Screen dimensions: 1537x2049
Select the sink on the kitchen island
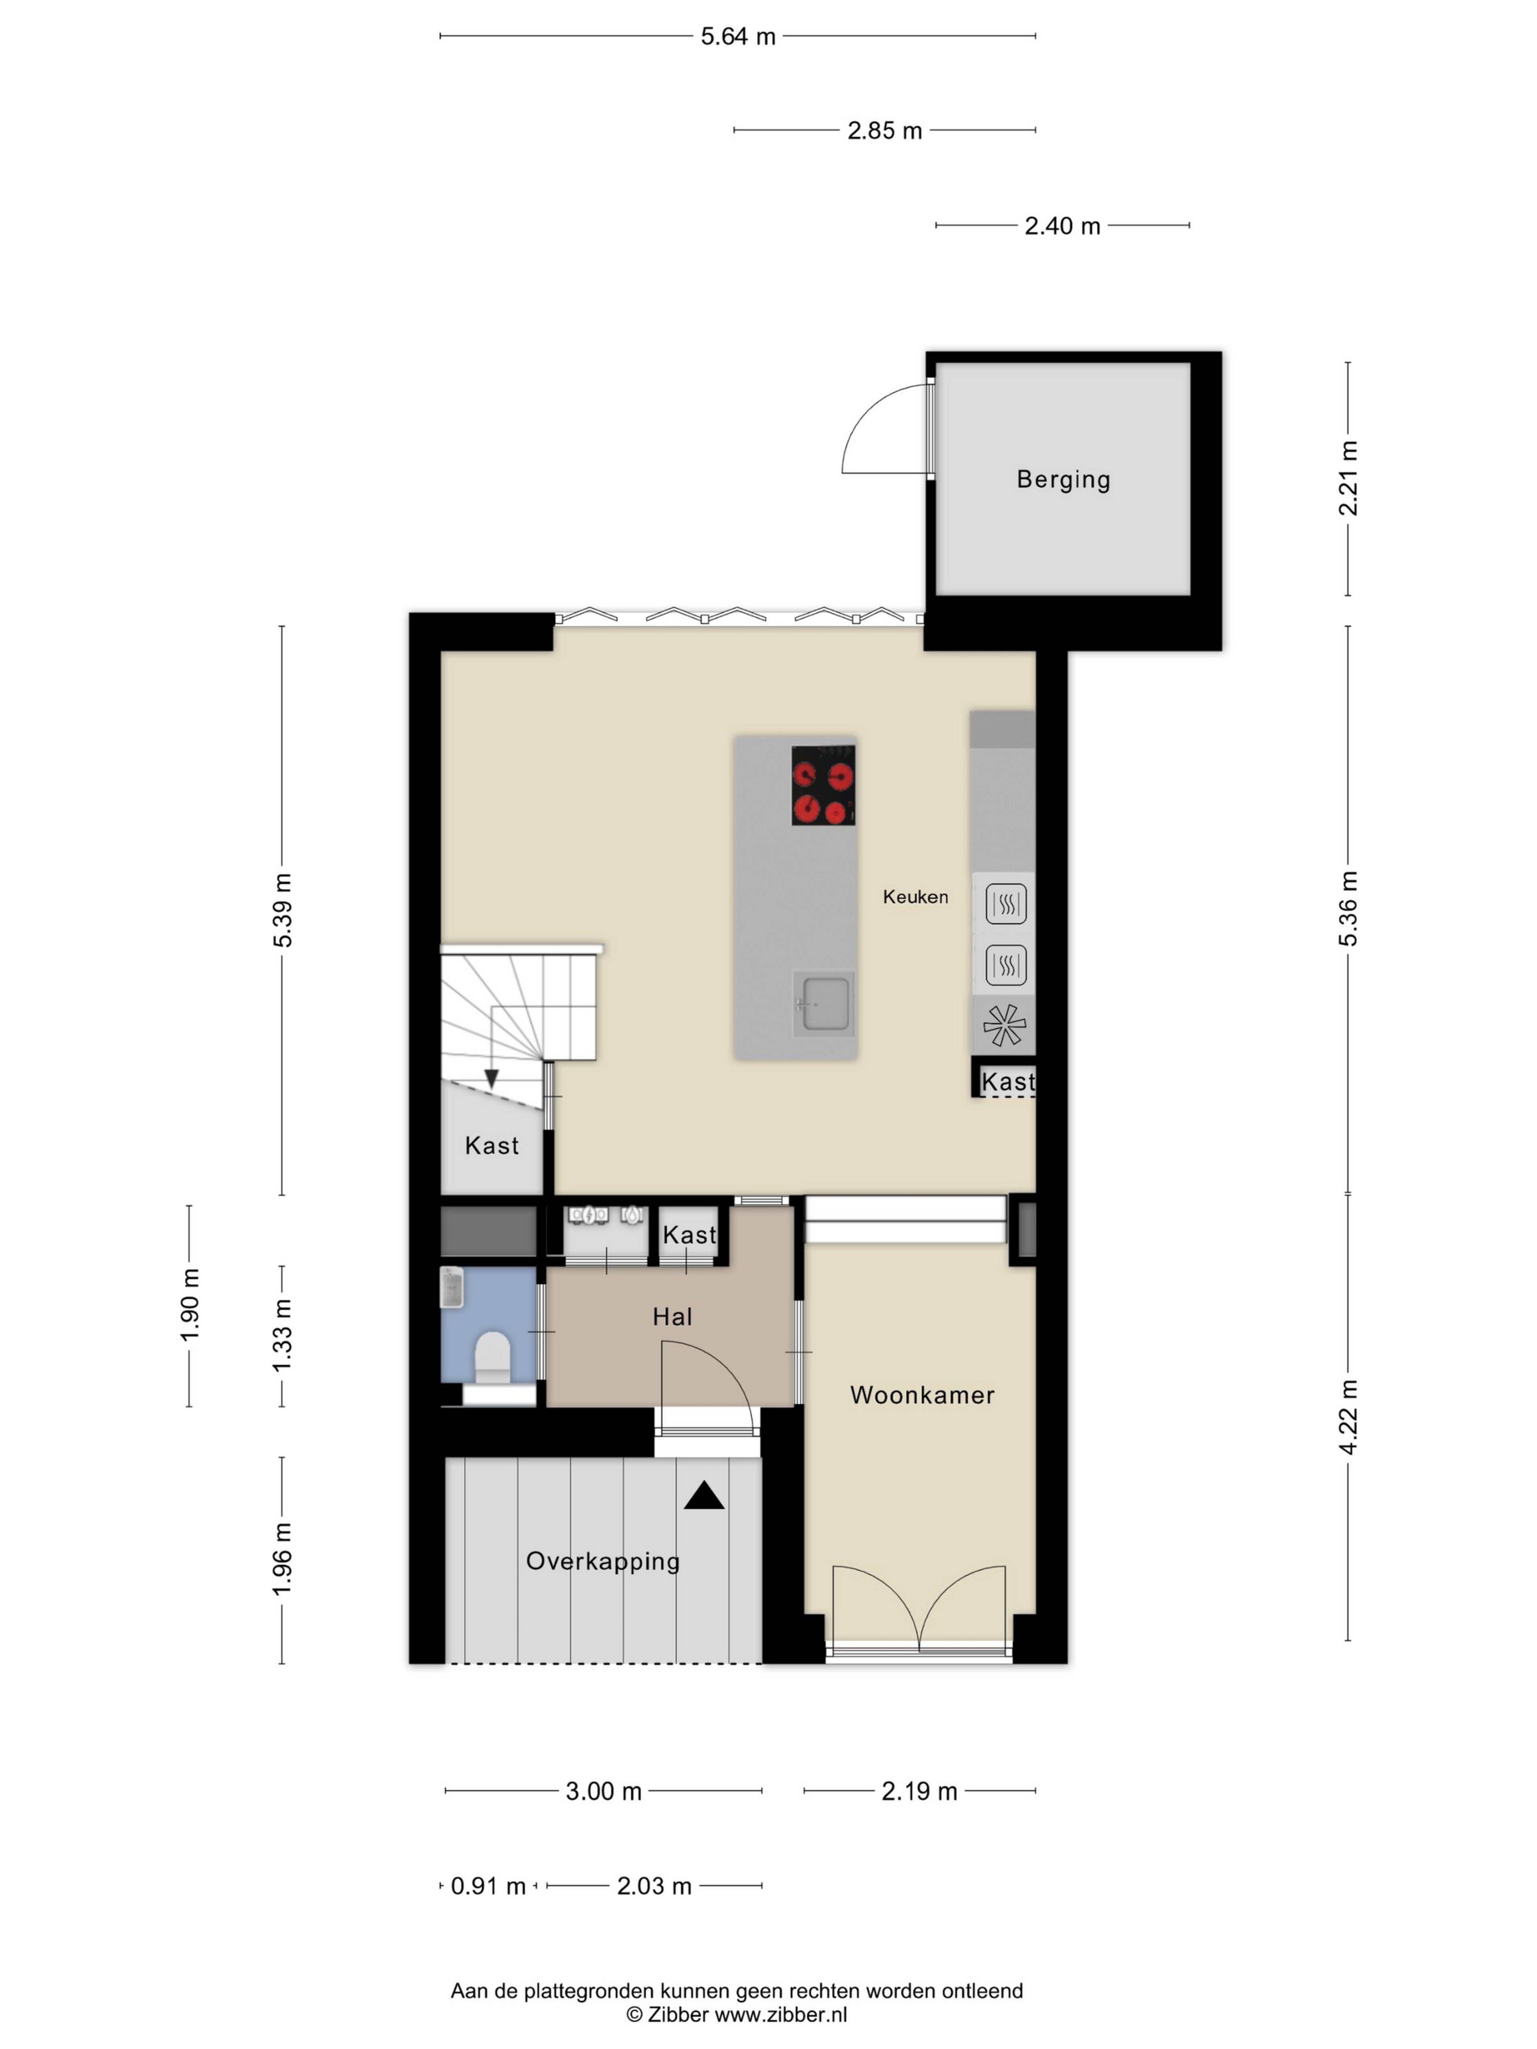[824, 1003]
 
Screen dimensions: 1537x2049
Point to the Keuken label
[915, 897]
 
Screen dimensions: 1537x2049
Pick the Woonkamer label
[922, 1395]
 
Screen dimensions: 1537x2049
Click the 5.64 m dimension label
[737, 36]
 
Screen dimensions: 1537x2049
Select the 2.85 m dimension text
[885, 130]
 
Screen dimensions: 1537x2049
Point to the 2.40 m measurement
[1063, 226]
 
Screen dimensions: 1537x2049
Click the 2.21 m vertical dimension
[1349, 478]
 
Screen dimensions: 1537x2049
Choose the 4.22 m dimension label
[1349, 1417]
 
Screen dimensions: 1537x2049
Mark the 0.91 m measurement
[488, 1886]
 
